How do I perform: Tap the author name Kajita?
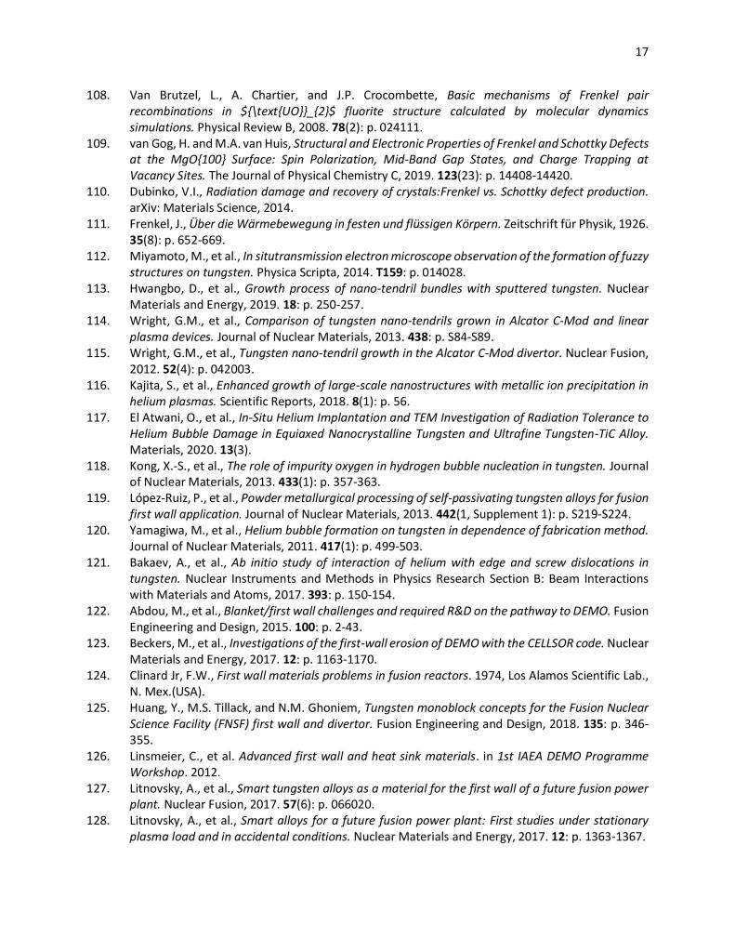pos(147,385)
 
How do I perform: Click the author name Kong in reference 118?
pos(144,465)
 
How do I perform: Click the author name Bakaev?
pos(150,564)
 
